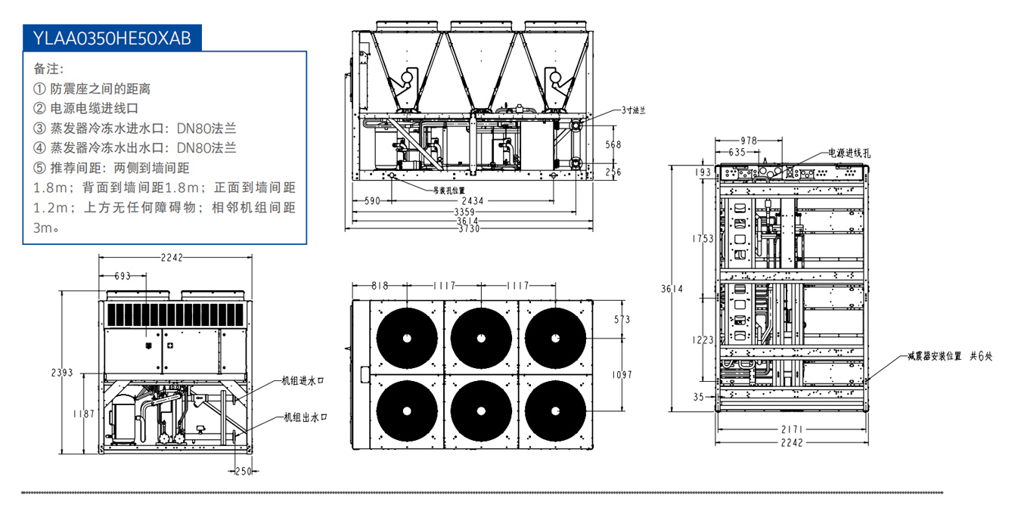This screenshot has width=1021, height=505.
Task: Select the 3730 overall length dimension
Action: point(467,230)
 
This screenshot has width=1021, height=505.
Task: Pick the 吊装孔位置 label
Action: point(449,190)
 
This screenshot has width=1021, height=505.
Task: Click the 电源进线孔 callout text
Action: point(849,153)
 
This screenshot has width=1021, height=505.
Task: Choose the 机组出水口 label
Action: point(304,417)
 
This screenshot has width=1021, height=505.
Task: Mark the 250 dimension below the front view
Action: point(243,472)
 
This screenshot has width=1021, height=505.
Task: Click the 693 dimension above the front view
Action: point(122,277)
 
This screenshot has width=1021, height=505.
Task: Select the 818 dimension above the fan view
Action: point(380,286)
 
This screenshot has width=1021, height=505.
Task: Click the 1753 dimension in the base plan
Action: point(703,239)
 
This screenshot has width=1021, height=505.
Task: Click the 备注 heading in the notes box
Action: point(45,69)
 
